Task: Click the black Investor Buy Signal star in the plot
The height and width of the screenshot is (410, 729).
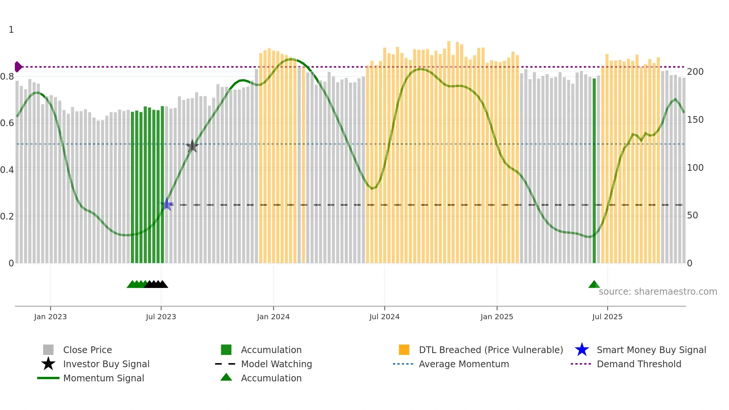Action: point(192,146)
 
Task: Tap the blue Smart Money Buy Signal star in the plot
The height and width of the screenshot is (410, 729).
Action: point(167,204)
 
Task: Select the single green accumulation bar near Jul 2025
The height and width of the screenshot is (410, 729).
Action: point(594,171)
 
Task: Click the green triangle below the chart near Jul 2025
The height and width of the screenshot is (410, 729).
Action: point(594,285)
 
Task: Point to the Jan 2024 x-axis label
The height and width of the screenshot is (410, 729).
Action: point(273,317)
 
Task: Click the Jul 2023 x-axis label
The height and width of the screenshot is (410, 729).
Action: point(161,317)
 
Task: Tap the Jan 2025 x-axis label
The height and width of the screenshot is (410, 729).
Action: point(497,317)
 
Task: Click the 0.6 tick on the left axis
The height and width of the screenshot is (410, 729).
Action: point(7,123)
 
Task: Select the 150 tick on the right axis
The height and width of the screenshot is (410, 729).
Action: point(695,120)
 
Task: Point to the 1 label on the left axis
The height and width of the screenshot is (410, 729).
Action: point(11,30)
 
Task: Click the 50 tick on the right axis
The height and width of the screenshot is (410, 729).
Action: point(692,215)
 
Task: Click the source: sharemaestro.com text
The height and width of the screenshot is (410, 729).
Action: point(658,292)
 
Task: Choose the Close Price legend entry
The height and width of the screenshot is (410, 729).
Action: point(87,350)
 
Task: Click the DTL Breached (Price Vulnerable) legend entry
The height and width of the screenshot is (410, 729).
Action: point(491,350)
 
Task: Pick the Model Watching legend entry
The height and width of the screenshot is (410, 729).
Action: point(276,364)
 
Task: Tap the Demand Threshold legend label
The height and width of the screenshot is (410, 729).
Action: point(639,364)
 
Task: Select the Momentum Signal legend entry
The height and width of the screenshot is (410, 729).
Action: point(103,378)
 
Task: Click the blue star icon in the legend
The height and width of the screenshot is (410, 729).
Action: point(582,350)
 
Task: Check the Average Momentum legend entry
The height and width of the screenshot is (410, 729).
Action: point(463,364)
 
